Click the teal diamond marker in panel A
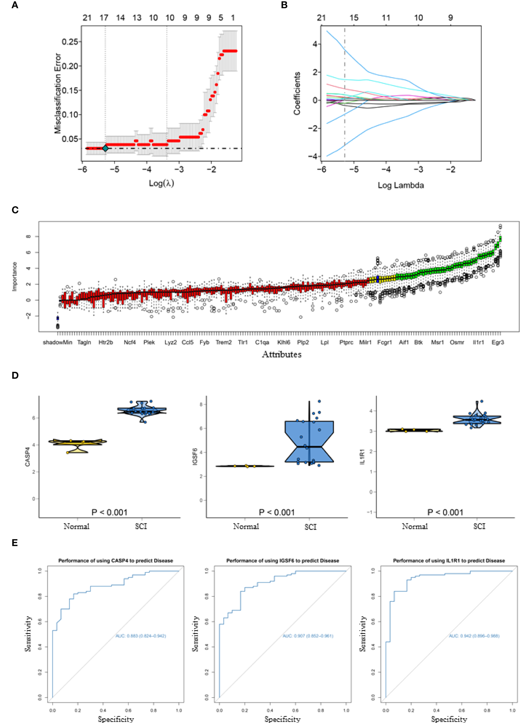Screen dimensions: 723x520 [x=105, y=148]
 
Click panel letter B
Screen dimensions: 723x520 [x=284, y=5]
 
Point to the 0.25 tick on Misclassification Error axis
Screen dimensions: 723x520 [x=70, y=42]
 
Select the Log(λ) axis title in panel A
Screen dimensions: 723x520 [x=161, y=183]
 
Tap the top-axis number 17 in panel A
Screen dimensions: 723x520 [x=104, y=18]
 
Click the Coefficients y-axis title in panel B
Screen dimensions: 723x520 [x=297, y=93]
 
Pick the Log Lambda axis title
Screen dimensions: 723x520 [x=401, y=185]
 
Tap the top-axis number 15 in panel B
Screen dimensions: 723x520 [x=354, y=18]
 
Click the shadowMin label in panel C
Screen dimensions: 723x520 [x=57, y=342]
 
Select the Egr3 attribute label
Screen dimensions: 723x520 [x=497, y=342]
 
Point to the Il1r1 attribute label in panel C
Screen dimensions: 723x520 [x=478, y=342]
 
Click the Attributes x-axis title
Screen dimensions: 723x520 [x=282, y=354]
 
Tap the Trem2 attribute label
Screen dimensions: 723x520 [x=224, y=342]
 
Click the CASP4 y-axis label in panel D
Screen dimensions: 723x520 [x=27, y=457]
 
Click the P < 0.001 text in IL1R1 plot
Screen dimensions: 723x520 [x=445, y=512]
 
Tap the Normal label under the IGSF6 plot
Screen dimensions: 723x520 [x=246, y=526]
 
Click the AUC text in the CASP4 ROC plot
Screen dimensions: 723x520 [x=141, y=636]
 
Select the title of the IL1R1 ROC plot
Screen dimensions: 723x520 [x=449, y=560]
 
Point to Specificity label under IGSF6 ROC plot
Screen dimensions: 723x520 [x=282, y=719]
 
